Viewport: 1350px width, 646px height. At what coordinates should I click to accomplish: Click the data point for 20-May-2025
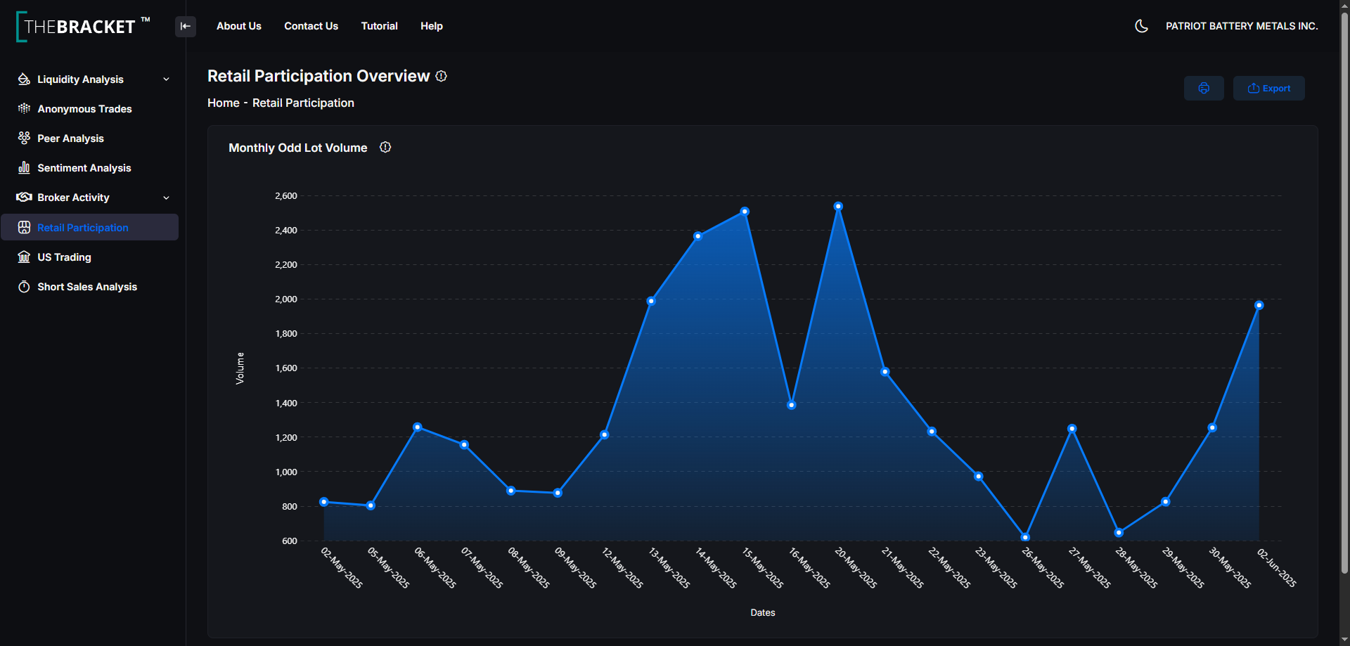click(838, 207)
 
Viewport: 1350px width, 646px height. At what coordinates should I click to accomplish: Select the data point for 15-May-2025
click(745, 212)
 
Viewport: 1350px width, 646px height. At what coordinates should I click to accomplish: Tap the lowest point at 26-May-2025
click(1025, 537)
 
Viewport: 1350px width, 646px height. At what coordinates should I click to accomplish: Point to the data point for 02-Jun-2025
click(1259, 305)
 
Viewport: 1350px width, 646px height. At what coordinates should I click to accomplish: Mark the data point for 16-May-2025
click(791, 405)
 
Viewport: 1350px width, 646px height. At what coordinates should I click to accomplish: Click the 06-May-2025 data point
click(418, 427)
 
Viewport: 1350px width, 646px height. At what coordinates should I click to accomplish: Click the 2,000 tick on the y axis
click(286, 299)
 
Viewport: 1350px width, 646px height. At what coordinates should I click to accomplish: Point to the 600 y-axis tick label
click(290, 541)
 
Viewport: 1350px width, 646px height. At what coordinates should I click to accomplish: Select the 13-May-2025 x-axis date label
click(669, 568)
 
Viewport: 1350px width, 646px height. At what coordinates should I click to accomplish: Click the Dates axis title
click(763, 613)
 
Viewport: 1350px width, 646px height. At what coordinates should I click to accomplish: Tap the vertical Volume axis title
click(240, 368)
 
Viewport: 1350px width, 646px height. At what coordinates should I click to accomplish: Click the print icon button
click(1204, 89)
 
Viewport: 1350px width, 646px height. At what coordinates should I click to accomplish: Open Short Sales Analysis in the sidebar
click(87, 287)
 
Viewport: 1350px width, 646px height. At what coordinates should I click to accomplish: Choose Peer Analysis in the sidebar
click(70, 138)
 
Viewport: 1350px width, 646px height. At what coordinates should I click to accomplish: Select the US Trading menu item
click(64, 257)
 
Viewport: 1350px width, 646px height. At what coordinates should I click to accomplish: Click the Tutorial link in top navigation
click(380, 26)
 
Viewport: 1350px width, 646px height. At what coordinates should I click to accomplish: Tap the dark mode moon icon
click(1142, 26)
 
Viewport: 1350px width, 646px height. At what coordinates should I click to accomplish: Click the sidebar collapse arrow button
click(186, 27)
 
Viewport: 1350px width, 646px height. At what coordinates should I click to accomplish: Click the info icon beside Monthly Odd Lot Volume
click(385, 147)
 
